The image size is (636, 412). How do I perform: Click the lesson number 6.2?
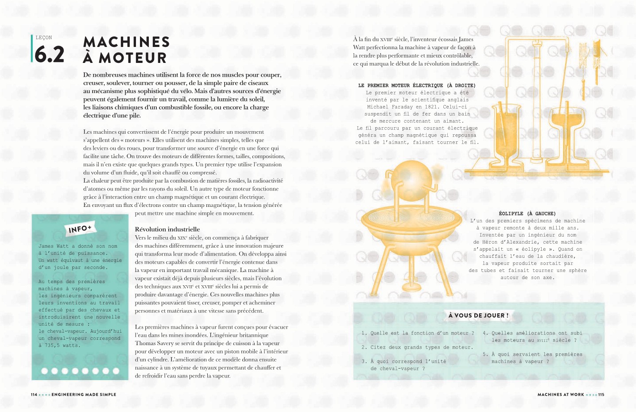49,54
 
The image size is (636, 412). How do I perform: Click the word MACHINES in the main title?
126,42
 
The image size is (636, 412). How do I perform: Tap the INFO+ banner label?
80,229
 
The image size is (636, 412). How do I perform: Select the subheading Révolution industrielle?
167,229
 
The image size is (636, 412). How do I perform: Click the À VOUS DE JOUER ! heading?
478,315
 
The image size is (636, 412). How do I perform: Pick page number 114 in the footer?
34,394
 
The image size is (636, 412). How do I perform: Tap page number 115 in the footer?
601,394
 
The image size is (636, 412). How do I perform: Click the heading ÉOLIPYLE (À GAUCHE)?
527,214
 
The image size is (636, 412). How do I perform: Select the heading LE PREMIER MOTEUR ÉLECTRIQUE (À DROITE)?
417,86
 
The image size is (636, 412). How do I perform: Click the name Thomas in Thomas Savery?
145,343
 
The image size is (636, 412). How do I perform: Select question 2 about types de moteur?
417,347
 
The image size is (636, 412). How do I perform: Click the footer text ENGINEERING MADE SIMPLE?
84,394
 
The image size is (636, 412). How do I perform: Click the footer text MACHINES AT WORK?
561,394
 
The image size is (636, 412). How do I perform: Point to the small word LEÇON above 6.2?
44,38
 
